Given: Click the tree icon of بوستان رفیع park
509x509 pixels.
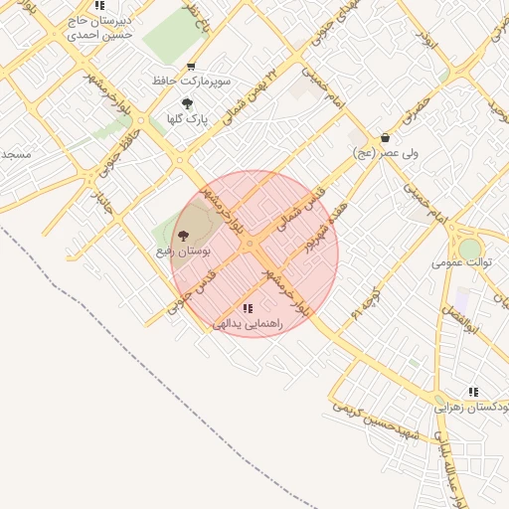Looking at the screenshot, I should [183, 235].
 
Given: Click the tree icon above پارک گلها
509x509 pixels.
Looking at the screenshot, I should [187, 102].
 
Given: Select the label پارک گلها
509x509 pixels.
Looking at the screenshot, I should [186, 118].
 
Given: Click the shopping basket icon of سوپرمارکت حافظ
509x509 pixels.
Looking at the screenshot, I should [191, 66].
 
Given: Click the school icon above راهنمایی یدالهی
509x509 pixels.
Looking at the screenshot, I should [248, 308].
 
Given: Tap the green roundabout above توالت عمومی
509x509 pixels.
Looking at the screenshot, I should [469, 248].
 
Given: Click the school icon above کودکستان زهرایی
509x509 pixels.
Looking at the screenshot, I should [473, 392].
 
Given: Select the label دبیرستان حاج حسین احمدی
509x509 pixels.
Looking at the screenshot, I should [98, 26].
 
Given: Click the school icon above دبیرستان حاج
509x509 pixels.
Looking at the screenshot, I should [99, 5].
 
